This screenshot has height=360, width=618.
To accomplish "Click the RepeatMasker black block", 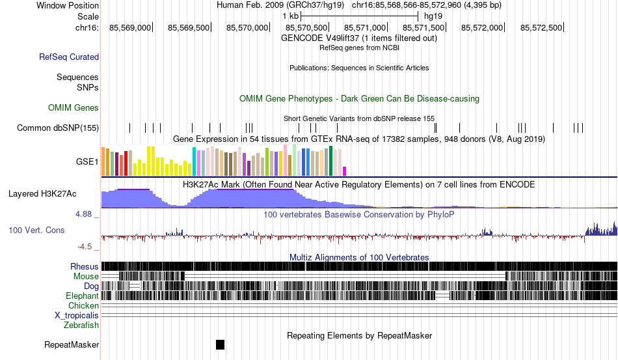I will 220,344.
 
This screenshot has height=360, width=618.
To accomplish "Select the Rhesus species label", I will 85,266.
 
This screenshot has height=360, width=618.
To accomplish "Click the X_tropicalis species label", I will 77,315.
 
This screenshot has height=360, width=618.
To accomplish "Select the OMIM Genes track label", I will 74,107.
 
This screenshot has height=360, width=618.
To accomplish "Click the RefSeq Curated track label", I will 69,57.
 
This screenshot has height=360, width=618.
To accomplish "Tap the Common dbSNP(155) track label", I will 58,128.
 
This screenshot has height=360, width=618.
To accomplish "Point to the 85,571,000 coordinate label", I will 366,27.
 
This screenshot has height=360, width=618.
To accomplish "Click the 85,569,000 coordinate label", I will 130,27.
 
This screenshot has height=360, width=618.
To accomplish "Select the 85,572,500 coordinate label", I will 541,27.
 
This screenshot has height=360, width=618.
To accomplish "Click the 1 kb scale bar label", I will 290,16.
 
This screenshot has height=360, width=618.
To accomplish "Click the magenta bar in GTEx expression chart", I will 345,171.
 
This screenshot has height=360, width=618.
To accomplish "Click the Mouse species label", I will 86,276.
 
